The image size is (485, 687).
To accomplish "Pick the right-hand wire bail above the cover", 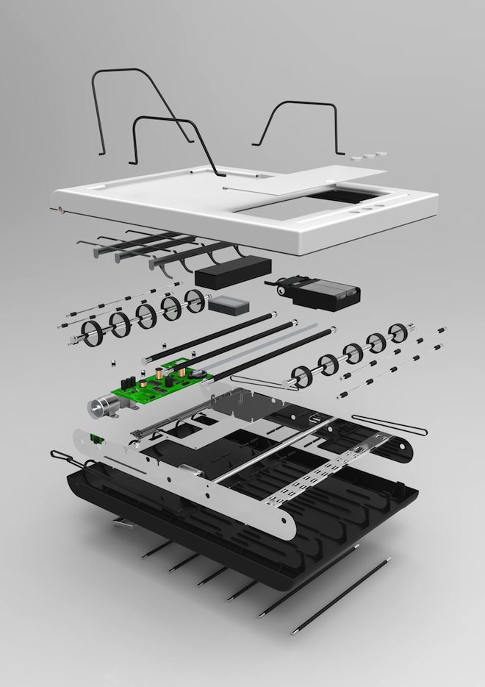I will pos(298,125).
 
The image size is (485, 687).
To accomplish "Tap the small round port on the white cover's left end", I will pos(60,208).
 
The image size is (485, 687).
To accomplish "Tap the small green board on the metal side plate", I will pos(95,439).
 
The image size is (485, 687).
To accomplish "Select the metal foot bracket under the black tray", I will pos(123,522).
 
